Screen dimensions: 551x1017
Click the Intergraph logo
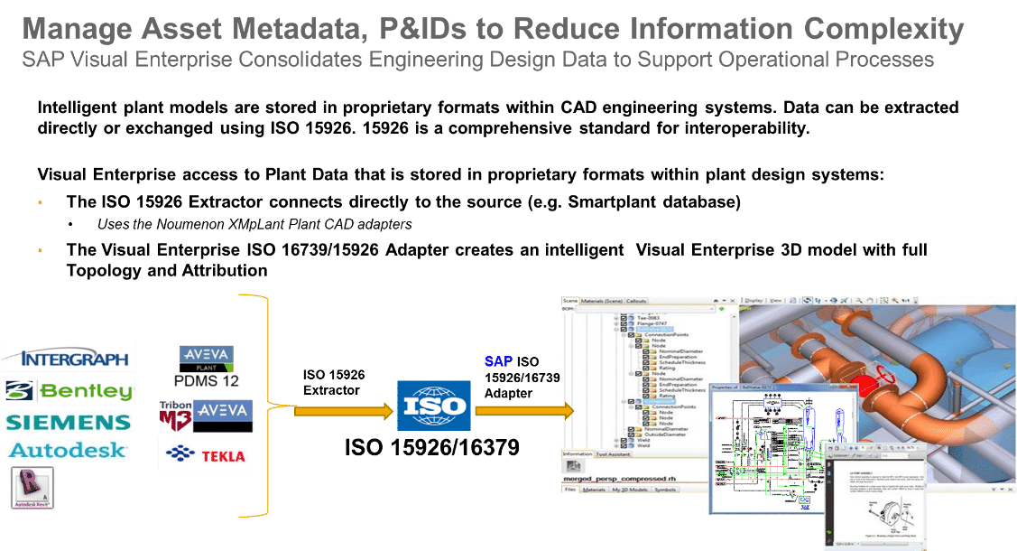[68, 356]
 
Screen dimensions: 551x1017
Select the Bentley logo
[69, 390]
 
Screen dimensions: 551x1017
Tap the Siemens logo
[69, 422]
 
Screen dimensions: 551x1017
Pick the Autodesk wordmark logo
[68, 450]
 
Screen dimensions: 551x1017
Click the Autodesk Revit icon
[32, 489]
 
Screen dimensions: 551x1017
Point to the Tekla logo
[206, 454]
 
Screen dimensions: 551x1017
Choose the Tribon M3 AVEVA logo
[206, 416]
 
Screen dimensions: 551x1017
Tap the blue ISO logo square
[433, 406]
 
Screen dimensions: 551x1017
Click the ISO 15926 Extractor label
[334, 382]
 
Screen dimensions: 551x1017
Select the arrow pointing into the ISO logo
[344, 411]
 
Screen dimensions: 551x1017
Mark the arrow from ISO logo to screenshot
[523, 411]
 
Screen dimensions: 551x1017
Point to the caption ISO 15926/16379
[433, 448]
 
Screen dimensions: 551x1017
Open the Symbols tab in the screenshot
[665, 490]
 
